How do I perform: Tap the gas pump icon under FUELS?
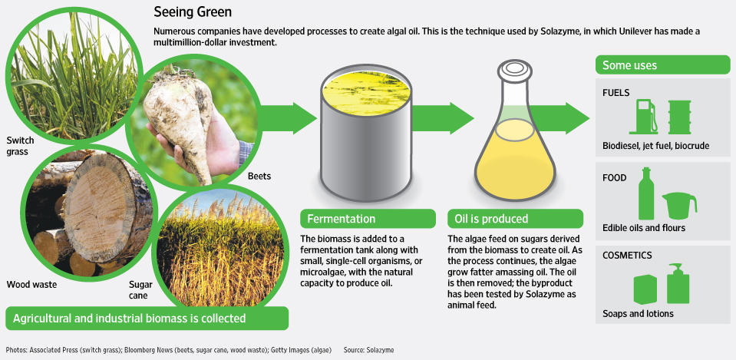click(x=644, y=117)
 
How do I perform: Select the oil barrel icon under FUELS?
click(x=679, y=117)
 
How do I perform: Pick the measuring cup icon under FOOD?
click(x=679, y=206)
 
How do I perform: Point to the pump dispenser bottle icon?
click(x=678, y=283)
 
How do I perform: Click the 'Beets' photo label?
click(x=259, y=177)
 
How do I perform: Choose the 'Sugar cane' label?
click(x=140, y=289)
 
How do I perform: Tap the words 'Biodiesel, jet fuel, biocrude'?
click(x=655, y=146)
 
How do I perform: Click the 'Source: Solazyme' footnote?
click(x=369, y=350)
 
